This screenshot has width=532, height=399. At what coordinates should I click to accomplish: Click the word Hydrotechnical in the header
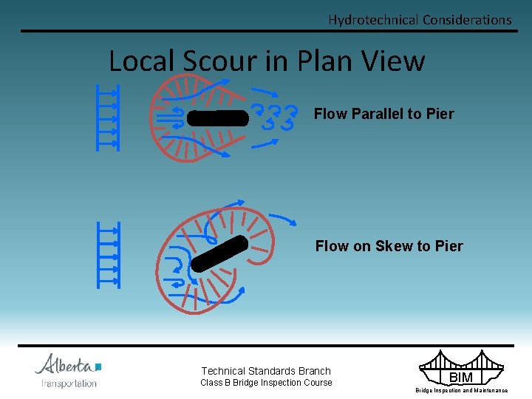click(x=373, y=20)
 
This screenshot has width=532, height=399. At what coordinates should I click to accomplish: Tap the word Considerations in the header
click(x=466, y=20)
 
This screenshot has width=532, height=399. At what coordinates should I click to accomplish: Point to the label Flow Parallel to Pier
click(x=383, y=114)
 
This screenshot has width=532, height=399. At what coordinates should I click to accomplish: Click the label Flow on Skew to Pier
click(x=389, y=246)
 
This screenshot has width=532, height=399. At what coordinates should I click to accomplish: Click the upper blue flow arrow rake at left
click(x=108, y=117)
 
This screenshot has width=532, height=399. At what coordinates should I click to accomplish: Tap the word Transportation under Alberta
click(x=69, y=383)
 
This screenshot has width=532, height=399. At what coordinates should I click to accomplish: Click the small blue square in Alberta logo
click(x=98, y=366)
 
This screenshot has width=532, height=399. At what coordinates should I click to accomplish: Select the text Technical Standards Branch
click(x=266, y=371)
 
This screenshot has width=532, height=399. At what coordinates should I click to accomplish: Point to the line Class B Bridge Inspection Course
click(x=266, y=383)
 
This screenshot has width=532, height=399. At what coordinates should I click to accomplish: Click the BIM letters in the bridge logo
click(x=461, y=378)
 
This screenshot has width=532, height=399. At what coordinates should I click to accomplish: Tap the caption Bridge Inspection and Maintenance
click(x=461, y=390)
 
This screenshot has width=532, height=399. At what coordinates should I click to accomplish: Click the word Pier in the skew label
click(x=448, y=246)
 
